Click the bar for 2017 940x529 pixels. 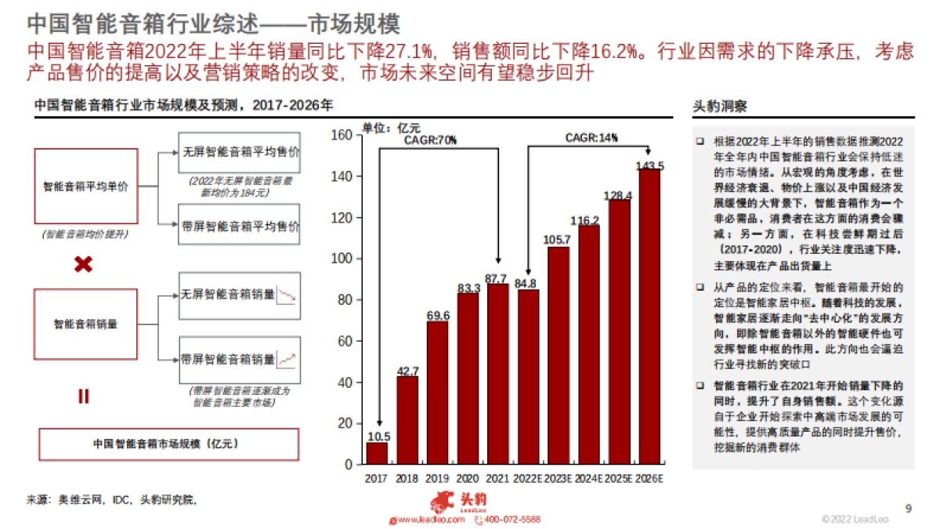[377, 453]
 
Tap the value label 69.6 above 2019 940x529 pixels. [437, 316]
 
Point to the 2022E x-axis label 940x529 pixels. [528, 478]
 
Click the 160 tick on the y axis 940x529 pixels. [342, 135]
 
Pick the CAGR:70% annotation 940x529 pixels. [430, 139]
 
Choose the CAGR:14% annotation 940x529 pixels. [591, 138]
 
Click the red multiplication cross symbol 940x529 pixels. [83, 265]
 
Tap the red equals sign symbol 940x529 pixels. [83, 397]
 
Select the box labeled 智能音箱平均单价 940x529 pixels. [86, 187]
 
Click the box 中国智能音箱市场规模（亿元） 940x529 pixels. [168, 444]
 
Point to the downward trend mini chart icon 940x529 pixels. [288, 296]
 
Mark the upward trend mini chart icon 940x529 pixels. [288, 361]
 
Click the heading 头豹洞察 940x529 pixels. [720, 106]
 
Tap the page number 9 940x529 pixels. [909, 508]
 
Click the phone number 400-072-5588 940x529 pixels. [512, 520]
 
